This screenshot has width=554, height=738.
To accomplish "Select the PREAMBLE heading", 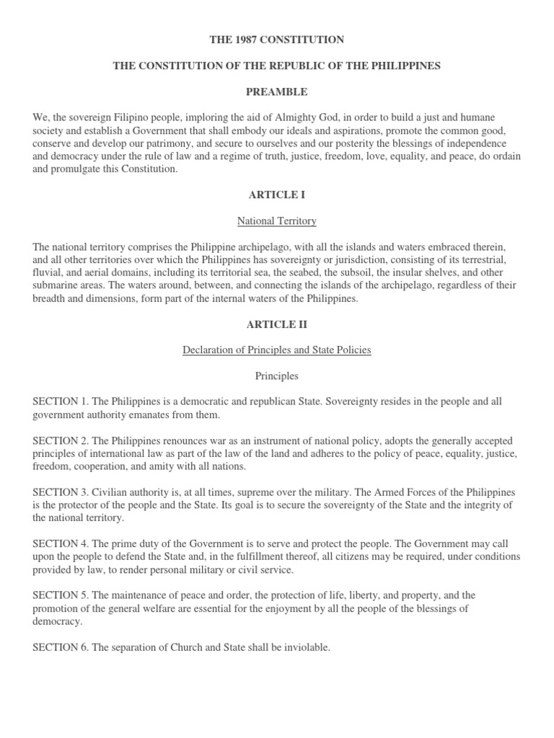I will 277,92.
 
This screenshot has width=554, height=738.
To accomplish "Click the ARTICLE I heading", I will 277,195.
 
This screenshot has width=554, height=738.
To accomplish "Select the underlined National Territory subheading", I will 277,221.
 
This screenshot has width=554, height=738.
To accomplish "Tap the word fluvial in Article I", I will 48,273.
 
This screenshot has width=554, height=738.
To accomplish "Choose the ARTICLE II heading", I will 277,324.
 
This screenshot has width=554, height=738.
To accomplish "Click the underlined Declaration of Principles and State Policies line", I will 277,350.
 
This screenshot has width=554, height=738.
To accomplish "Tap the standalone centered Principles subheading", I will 277,376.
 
